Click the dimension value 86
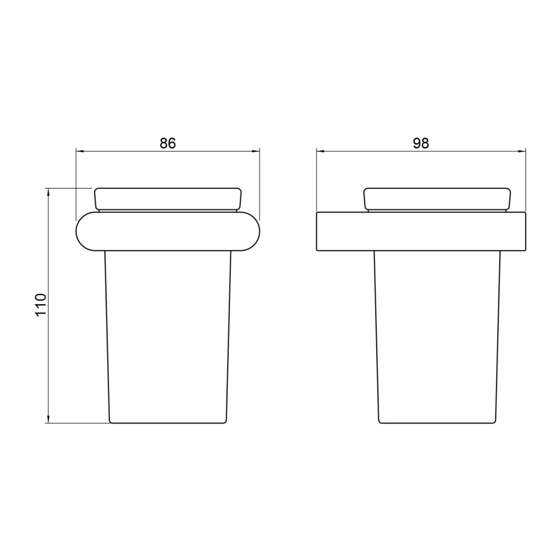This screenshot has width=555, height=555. [x=168, y=143]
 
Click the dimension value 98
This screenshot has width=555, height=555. [x=421, y=143]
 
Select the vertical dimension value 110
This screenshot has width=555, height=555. [x=41, y=305]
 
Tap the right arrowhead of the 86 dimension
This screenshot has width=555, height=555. [x=255, y=152]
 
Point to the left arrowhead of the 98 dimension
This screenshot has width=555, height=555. [x=321, y=152]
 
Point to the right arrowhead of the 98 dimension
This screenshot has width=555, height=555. [x=522, y=152]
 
